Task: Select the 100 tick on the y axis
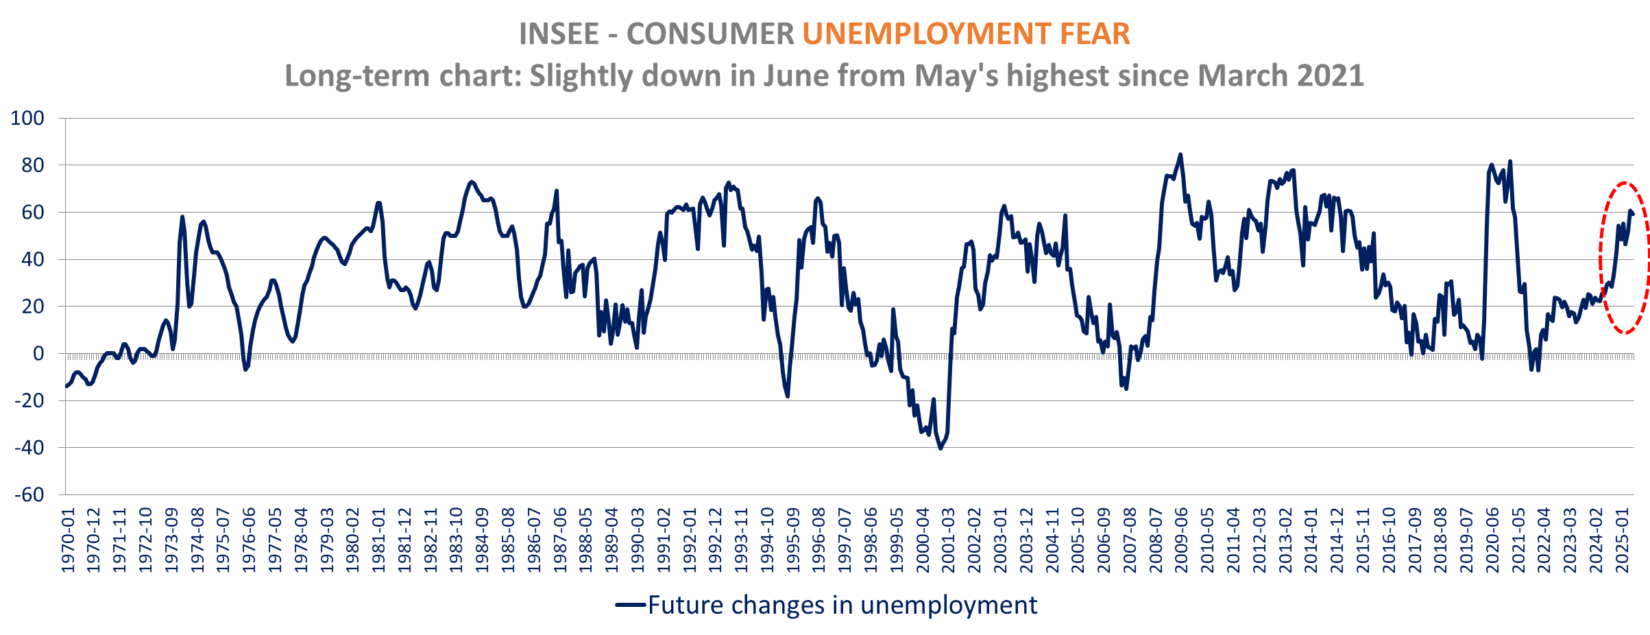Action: pyautogui.click(x=27, y=118)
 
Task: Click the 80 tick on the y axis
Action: pyautogui.click(x=32, y=165)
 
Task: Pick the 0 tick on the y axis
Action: pyautogui.click(x=38, y=354)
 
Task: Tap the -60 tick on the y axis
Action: pyautogui.click(x=29, y=494)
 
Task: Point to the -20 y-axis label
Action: pyautogui.click(x=29, y=400)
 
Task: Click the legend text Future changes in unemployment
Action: pyautogui.click(x=842, y=605)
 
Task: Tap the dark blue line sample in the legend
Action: pyautogui.click(x=630, y=605)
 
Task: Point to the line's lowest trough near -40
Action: pyautogui.click(x=941, y=448)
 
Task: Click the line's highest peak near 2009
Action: pyautogui.click(x=1180, y=155)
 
